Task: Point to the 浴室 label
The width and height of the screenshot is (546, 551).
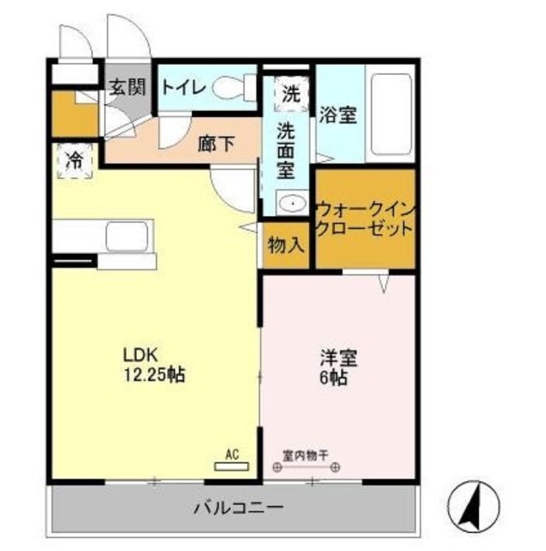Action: point(338,115)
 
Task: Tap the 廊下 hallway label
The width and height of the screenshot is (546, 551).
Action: point(216,144)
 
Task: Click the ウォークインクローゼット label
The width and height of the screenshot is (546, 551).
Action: point(365,219)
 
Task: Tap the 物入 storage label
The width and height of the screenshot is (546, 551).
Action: point(287,245)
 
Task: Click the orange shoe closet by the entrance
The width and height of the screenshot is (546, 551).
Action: point(63,115)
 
